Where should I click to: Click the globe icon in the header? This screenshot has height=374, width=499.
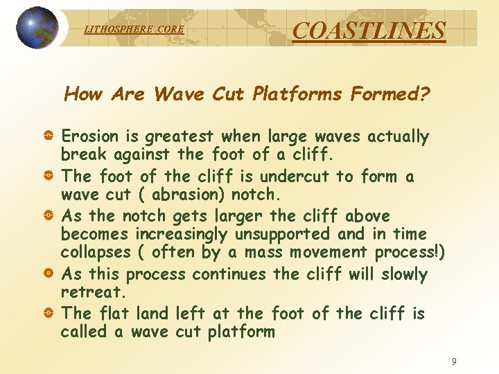[37, 28]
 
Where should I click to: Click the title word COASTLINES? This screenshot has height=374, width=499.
[369, 30]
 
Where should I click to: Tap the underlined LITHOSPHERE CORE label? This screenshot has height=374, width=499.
[134, 29]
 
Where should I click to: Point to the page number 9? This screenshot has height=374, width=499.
[454, 362]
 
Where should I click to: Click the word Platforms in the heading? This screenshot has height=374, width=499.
[297, 93]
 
